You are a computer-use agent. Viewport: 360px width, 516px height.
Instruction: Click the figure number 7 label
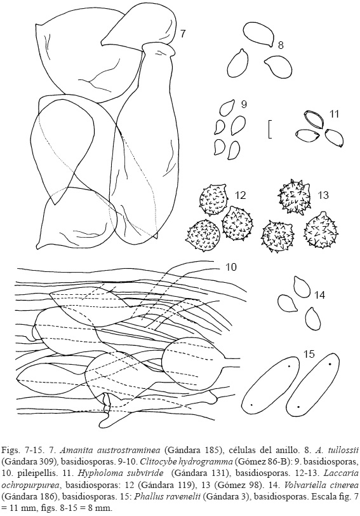[183, 34]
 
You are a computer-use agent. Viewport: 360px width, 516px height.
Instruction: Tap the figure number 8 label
[281, 45]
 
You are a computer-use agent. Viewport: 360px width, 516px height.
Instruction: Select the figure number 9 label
[244, 104]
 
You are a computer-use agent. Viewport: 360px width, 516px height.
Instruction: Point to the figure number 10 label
[231, 266]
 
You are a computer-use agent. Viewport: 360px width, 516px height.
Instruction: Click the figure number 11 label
[334, 114]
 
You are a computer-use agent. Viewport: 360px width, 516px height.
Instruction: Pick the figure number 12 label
[241, 195]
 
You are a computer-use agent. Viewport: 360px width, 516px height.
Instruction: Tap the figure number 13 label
[324, 195]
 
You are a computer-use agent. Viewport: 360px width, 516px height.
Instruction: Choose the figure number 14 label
[319, 295]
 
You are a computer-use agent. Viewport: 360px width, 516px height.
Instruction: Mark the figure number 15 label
[309, 354]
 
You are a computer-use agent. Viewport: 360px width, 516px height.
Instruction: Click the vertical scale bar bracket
[269, 130]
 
